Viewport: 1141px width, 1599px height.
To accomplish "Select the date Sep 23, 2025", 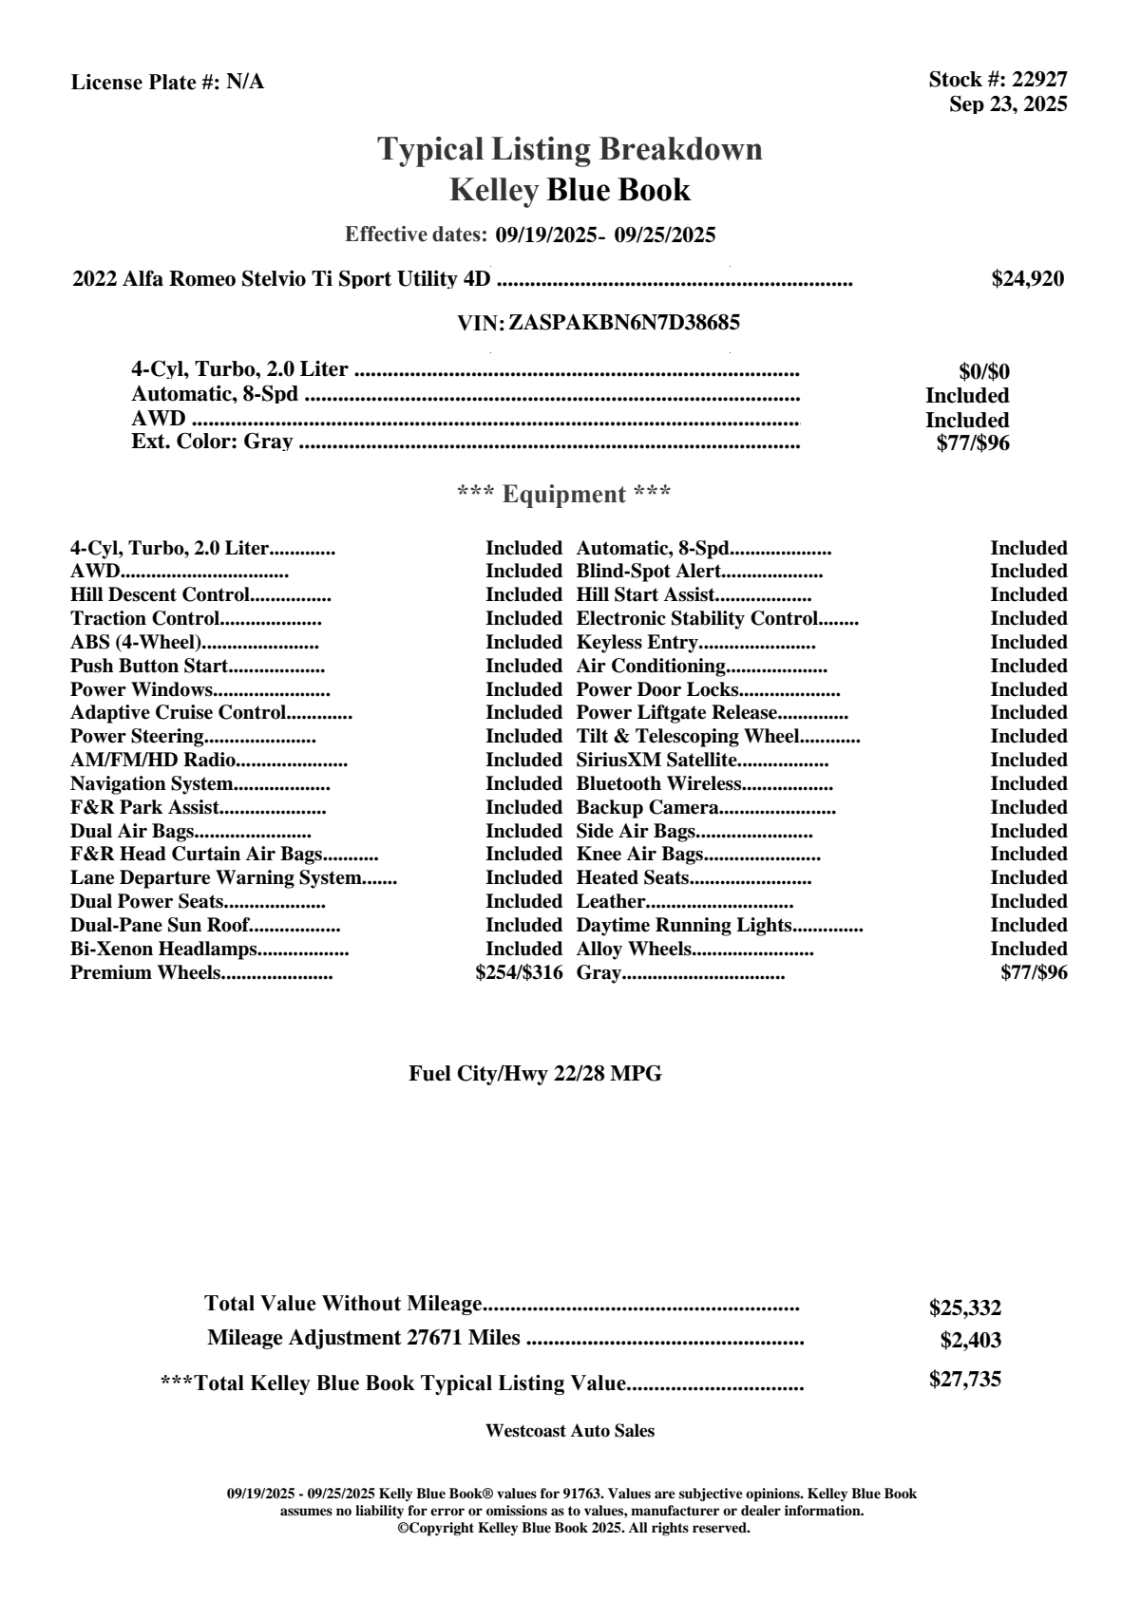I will point(1008,103).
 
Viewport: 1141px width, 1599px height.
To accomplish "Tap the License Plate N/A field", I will point(167,83).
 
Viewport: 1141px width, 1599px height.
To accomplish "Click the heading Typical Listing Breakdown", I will point(570,149).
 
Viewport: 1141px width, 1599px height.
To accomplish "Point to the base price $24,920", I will point(1027,279).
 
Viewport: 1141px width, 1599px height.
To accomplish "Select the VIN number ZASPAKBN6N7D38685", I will point(624,323).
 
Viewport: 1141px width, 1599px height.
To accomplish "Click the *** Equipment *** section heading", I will point(564,495).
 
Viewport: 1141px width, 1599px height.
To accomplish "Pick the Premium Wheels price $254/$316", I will point(519,972).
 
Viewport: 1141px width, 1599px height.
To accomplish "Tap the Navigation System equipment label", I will point(151,784).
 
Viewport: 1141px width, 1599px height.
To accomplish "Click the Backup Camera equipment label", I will point(647,808).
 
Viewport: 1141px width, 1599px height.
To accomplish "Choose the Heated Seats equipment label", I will point(632,878).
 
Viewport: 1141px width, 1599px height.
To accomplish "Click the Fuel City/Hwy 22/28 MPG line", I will point(535,1074).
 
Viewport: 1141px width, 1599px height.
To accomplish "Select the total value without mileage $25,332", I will point(964,1308).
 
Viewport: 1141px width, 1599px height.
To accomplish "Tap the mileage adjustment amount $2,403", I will point(970,1341).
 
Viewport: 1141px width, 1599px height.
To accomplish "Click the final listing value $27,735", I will point(964,1380).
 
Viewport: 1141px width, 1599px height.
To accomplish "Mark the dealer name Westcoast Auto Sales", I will point(569,1431).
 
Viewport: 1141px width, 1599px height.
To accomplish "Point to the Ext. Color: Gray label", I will point(212,442).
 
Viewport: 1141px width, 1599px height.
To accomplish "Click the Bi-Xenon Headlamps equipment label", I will point(163,950).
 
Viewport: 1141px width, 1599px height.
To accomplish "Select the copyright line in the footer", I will point(573,1529).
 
